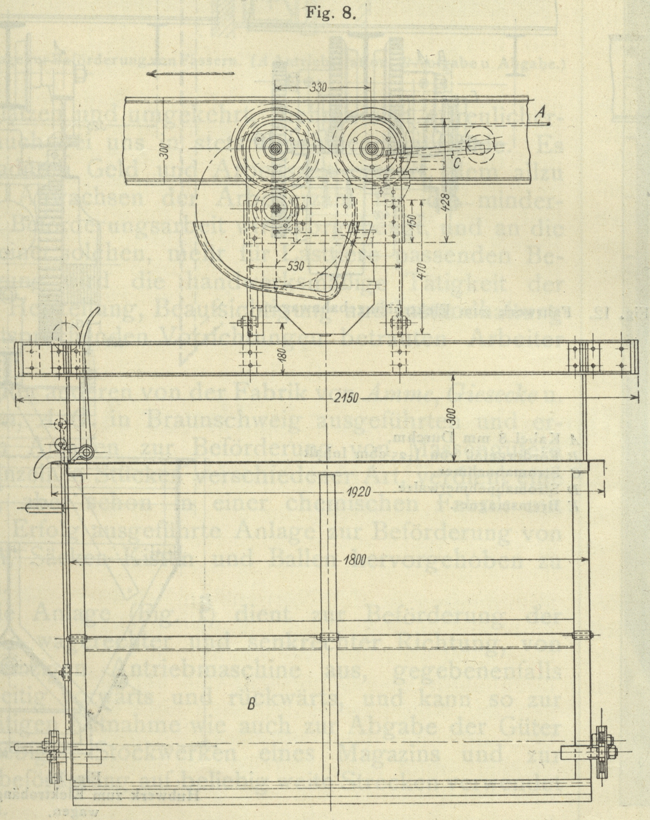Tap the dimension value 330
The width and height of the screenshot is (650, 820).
pos(318,88)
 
